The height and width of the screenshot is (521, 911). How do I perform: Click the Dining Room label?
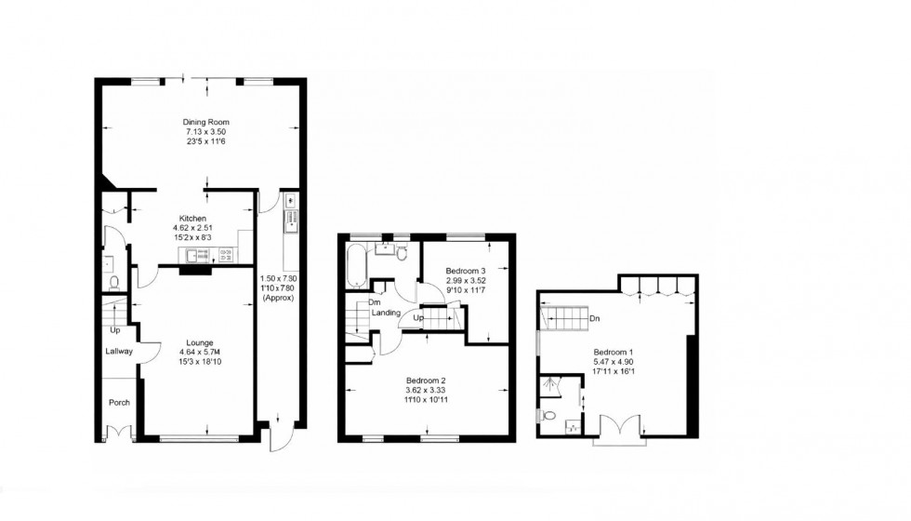click(205, 122)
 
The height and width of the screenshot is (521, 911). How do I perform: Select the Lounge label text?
click(199, 341)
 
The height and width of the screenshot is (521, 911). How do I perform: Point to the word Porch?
click(119, 403)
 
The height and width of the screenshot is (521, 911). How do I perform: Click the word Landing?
click(389, 313)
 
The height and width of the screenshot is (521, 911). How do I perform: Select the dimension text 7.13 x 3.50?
click(205, 132)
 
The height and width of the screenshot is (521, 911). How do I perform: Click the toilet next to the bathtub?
click(402, 252)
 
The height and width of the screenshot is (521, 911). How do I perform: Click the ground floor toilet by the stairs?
click(114, 282)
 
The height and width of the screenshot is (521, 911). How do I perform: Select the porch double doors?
click(118, 430)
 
